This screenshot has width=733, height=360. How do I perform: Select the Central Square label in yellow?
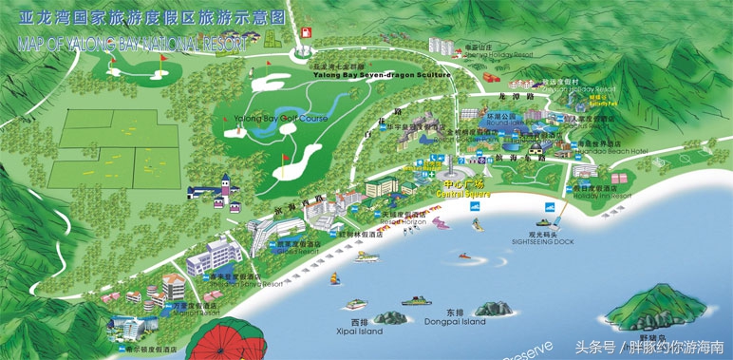click(x=462, y=194)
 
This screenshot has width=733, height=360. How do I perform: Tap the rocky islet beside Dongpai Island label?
click(x=494, y=309)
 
